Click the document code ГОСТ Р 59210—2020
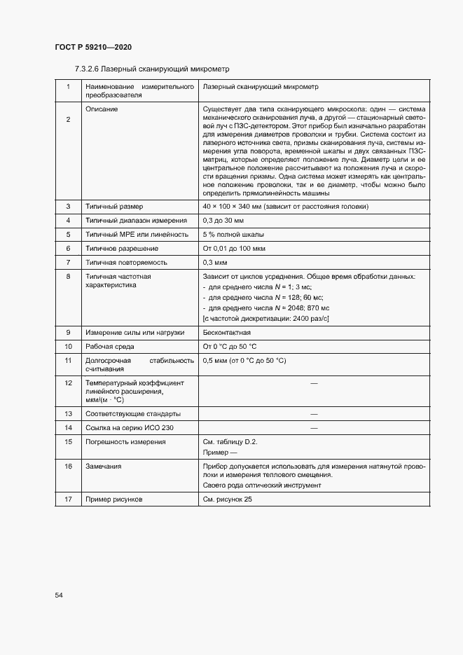[92, 47]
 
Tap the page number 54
[59, 595]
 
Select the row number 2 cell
[68, 120]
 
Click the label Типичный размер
[113, 207]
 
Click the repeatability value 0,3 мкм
[216, 263]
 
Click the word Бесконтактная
[226, 333]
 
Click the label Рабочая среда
[111, 347]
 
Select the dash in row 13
[314, 413]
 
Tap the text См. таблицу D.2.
[230, 442]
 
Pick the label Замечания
[104, 466]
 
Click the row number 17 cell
[68, 499]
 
